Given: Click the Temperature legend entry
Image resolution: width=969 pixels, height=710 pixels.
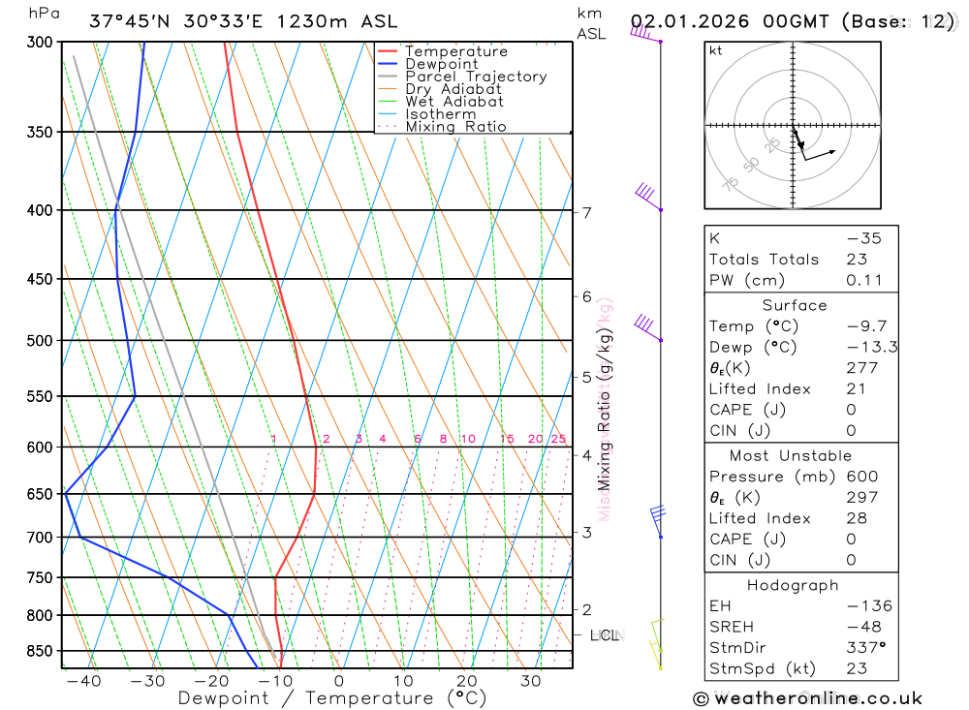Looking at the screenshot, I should [x=455, y=51].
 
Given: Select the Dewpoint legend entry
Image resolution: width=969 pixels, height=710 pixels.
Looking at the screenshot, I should [x=441, y=64].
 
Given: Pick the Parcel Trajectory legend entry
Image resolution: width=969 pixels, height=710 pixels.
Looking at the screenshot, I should [x=476, y=77].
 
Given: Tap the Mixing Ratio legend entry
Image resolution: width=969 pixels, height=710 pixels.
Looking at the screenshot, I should [x=455, y=127].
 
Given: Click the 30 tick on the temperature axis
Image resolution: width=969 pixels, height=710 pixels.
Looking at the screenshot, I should [x=530, y=682].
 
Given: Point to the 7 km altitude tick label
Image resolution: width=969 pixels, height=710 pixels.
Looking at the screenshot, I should [x=587, y=213].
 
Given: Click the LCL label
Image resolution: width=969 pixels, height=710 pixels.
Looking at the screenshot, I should [x=604, y=635].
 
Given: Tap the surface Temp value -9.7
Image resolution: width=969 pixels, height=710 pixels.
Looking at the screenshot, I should [x=866, y=326].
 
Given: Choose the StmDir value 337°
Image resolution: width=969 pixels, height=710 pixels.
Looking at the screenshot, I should [x=865, y=648].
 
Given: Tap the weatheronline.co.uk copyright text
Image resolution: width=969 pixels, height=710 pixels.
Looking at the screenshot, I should [x=807, y=698].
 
